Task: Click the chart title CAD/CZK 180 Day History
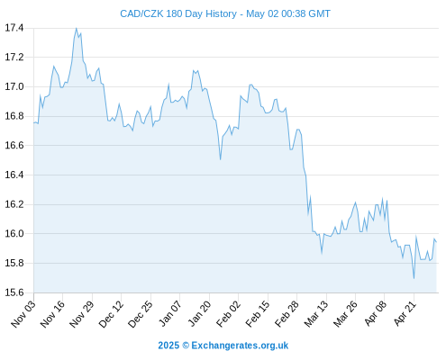[x=178, y=13]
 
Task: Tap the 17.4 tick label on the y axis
[x=14, y=28]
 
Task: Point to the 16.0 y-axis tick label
[x=14, y=233]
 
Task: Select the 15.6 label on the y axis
[x=14, y=292]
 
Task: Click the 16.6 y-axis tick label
[x=14, y=146]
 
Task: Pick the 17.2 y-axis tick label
[x=14, y=57]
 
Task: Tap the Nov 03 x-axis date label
[x=23, y=314]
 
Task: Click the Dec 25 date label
[x=141, y=314]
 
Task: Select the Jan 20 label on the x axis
[x=199, y=314]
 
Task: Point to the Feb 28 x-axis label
[x=287, y=314]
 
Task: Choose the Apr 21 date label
[x=405, y=314]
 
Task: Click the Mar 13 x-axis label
[x=316, y=314]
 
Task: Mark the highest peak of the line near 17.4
[x=77, y=28]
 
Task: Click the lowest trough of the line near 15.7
[x=414, y=279]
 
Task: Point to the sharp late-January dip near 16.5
[x=221, y=159]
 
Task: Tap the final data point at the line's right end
[x=436, y=242]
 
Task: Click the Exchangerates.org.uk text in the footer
[x=240, y=346]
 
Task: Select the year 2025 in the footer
[x=168, y=346]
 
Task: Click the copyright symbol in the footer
[x=186, y=346]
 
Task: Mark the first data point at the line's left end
[x=34, y=122]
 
